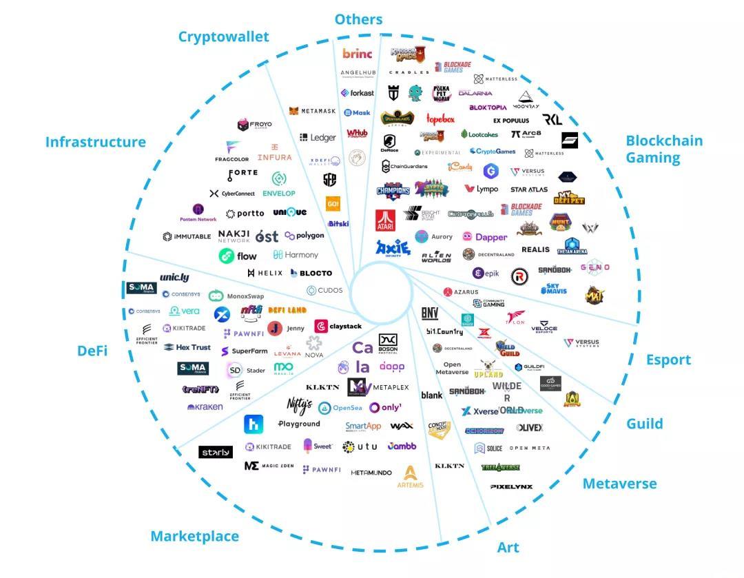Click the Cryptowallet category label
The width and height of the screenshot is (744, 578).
[223, 37]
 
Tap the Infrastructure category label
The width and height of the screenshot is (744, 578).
[96, 142]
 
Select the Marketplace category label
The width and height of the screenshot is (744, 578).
[194, 536]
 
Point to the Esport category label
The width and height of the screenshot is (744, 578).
[668, 360]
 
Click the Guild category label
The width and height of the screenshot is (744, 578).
[644, 424]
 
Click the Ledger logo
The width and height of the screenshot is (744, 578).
[318, 137]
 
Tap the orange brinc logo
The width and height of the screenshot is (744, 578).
[357, 54]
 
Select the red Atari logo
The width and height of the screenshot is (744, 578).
[385, 220]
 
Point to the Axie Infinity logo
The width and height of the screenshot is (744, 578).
[393, 248]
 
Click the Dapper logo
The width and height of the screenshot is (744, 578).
[485, 237]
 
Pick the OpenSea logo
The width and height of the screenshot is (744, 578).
[340, 408]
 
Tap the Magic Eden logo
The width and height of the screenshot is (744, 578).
[269, 466]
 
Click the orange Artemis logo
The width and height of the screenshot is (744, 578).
[410, 477]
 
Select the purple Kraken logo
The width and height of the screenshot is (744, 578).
[205, 407]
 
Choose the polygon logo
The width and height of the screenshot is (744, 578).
[304, 236]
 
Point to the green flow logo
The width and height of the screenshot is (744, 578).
[238, 256]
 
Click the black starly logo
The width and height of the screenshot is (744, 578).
[215, 452]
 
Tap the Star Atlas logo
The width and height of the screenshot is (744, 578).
[528, 189]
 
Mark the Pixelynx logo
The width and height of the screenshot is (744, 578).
[511, 487]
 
